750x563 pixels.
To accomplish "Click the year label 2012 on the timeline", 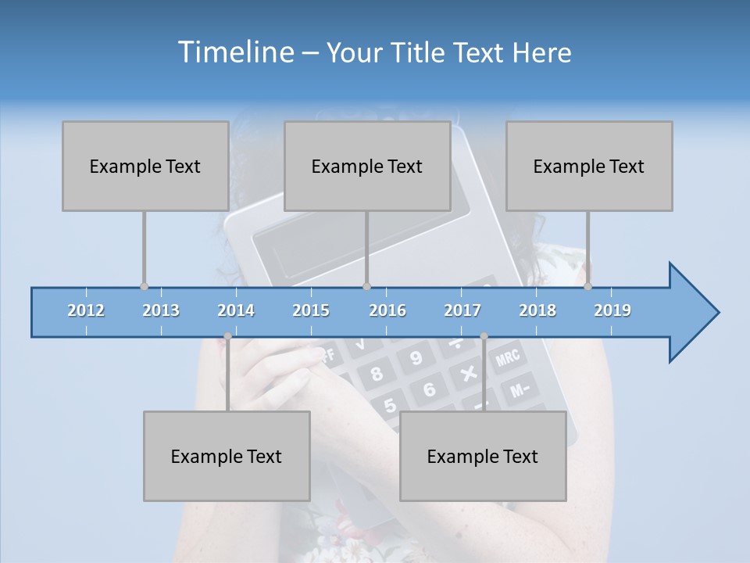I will coord(86,310).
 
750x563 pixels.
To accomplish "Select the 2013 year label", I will coord(161,310).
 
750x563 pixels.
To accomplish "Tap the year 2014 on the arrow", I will coord(236,310).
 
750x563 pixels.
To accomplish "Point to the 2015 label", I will coord(311,310).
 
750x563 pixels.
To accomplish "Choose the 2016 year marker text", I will coord(387,310).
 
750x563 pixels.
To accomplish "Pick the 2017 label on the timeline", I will coord(462,310).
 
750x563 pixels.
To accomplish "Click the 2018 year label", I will coord(537,310).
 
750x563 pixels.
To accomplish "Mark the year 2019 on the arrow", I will coord(612,310).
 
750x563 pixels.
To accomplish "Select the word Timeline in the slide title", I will coord(234,52).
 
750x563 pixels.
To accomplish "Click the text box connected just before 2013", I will coord(145,166).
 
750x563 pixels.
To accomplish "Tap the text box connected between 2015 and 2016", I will coord(367,166).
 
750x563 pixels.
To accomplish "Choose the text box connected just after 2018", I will coord(589,166).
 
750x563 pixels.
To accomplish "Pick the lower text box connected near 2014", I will coord(227,456).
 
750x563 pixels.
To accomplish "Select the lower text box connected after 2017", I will coord(483,456).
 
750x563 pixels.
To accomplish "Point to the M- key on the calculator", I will coord(520,387).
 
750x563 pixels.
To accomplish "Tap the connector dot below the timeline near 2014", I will coord(227,336).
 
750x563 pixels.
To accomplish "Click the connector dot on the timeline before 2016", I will coord(366,287).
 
